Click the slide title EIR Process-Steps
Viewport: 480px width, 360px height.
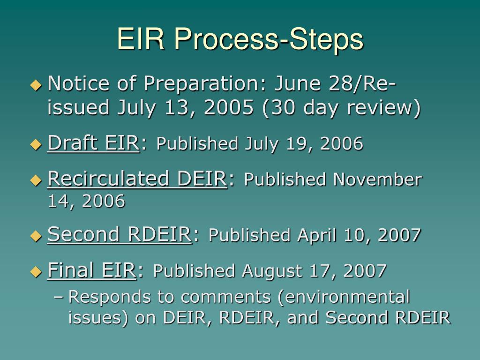[240, 38]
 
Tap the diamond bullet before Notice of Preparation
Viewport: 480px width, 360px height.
[36, 85]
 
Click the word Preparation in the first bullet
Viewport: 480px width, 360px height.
[203, 84]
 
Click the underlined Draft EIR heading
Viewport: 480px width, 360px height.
[93, 143]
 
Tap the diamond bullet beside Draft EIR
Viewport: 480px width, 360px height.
[36, 144]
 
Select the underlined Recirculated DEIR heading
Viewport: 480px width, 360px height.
[137, 179]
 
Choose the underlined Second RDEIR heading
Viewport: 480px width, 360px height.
[119, 234]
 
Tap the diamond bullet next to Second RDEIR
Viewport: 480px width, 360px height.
[36, 235]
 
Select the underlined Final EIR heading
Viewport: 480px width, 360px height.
[91, 270]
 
